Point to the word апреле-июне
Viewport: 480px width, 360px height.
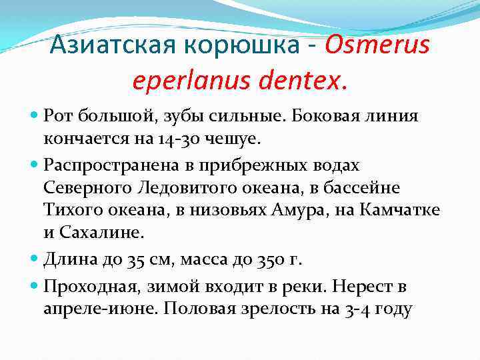tap(103, 309)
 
